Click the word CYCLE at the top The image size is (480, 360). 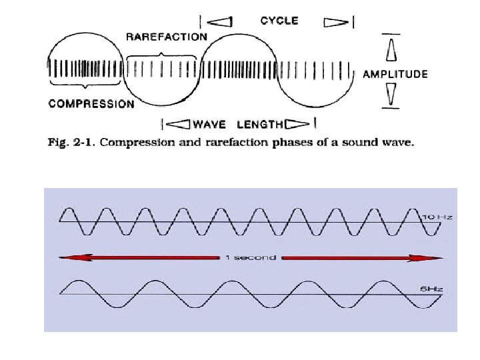(x=279, y=21)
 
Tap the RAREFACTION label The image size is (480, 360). (x=166, y=37)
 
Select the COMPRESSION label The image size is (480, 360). (x=91, y=103)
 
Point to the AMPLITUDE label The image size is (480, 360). (x=395, y=75)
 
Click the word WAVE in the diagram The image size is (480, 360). (x=209, y=124)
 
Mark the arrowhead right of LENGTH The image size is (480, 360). (x=298, y=123)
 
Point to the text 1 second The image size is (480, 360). (x=249, y=257)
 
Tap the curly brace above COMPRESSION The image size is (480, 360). (x=85, y=85)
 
